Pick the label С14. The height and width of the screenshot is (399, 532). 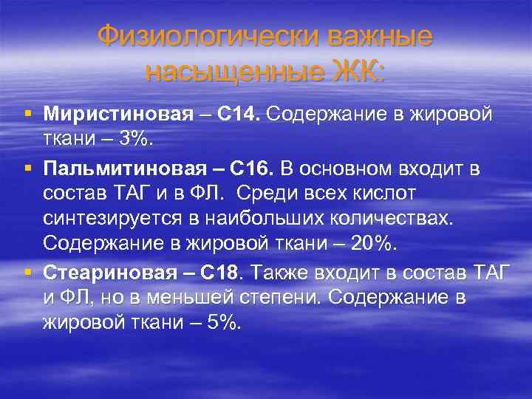click(x=239, y=115)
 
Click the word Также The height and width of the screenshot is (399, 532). click(x=280, y=273)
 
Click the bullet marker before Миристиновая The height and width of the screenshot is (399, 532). click(x=27, y=115)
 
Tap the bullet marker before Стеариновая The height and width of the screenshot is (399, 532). click(x=27, y=273)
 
